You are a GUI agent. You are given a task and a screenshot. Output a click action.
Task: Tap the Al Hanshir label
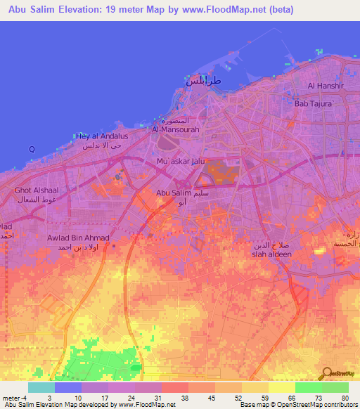pyautogui.click(x=325, y=86)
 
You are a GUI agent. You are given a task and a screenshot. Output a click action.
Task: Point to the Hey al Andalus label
pyautogui.click(x=102, y=136)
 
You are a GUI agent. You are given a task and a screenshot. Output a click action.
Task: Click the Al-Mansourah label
pyautogui.click(x=172, y=129)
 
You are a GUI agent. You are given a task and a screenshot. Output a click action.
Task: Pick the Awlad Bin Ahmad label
pyautogui.click(x=78, y=238)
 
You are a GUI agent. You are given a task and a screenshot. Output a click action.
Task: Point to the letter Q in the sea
pyautogui.click(x=31, y=149)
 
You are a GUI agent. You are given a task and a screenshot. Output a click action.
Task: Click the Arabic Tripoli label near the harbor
pyautogui.click(x=203, y=82)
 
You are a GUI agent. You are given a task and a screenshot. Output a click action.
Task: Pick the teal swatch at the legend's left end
pyautogui.click(x=41, y=387)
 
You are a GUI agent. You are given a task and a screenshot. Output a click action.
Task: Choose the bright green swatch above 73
pyautogui.click(x=309, y=387)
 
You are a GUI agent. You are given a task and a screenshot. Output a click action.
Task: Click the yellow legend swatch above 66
pyautogui.click(x=282, y=387)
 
